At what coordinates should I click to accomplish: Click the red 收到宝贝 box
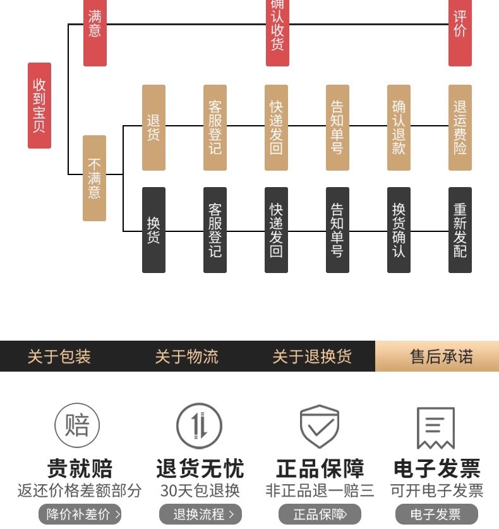coord(39,106)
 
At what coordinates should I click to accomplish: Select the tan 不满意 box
coord(94,178)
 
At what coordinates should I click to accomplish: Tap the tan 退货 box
coord(153,128)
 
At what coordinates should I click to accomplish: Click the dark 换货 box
coord(153,230)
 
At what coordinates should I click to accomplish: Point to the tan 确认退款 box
coord(399,128)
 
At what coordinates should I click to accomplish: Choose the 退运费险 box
coord(460,128)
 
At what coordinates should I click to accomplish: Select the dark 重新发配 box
coord(460,230)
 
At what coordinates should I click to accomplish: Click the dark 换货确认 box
coord(399,230)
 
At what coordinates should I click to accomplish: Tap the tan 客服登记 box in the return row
coord(215,128)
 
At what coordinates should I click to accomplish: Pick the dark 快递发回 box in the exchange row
coord(276,230)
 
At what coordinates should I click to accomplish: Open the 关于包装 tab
coord(59,356)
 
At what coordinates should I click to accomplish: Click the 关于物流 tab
coord(186,356)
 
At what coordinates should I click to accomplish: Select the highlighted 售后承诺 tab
coord(441,356)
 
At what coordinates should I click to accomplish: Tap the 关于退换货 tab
coord(312,356)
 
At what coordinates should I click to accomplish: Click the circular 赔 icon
coord(77,425)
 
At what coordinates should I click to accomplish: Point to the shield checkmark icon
coord(320,427)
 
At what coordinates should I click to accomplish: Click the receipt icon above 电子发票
coord(436,428)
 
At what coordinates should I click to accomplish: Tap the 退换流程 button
coord(200,514)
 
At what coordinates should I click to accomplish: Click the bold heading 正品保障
coord(320,469)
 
